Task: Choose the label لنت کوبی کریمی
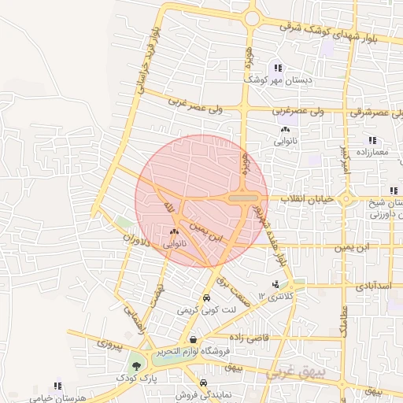click(x=206, y=310)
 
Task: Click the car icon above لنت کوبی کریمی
click(x=206, y=298)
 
